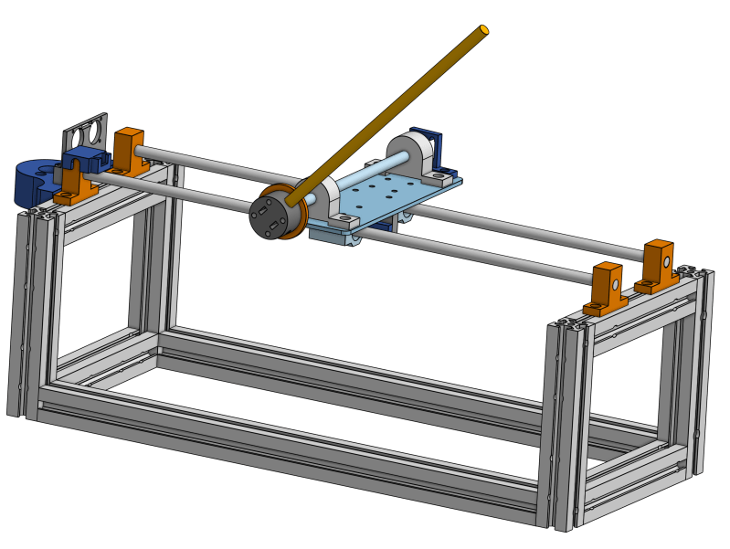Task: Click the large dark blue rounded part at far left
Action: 34,182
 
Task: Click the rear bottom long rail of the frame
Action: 365,365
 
